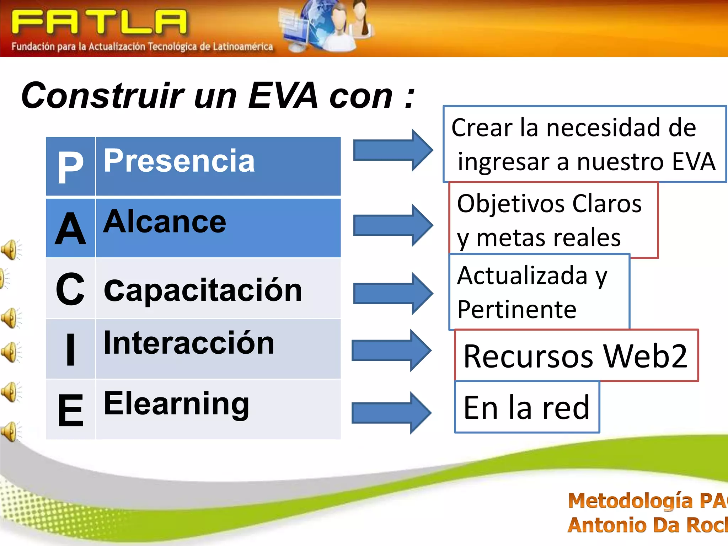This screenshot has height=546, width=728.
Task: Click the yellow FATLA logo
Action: [x=100, y=22]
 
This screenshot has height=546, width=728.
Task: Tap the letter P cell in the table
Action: [x=70, y=166]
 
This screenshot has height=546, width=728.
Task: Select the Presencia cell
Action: [x=218, y=166]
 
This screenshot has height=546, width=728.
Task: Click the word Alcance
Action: [x=165, y=222]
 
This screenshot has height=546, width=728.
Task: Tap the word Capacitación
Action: [x=203, y=290]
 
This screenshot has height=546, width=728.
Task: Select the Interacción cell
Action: [x=218, y=348]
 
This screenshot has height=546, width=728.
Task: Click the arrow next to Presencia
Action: [x=393, y=150]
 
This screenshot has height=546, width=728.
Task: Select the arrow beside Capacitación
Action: [x=393, y=294]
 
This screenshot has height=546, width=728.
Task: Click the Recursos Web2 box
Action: [x=576, y=355]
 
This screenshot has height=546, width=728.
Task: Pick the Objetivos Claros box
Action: [x=553, y=220]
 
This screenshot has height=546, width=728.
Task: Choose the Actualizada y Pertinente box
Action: [x=539, y=291]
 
